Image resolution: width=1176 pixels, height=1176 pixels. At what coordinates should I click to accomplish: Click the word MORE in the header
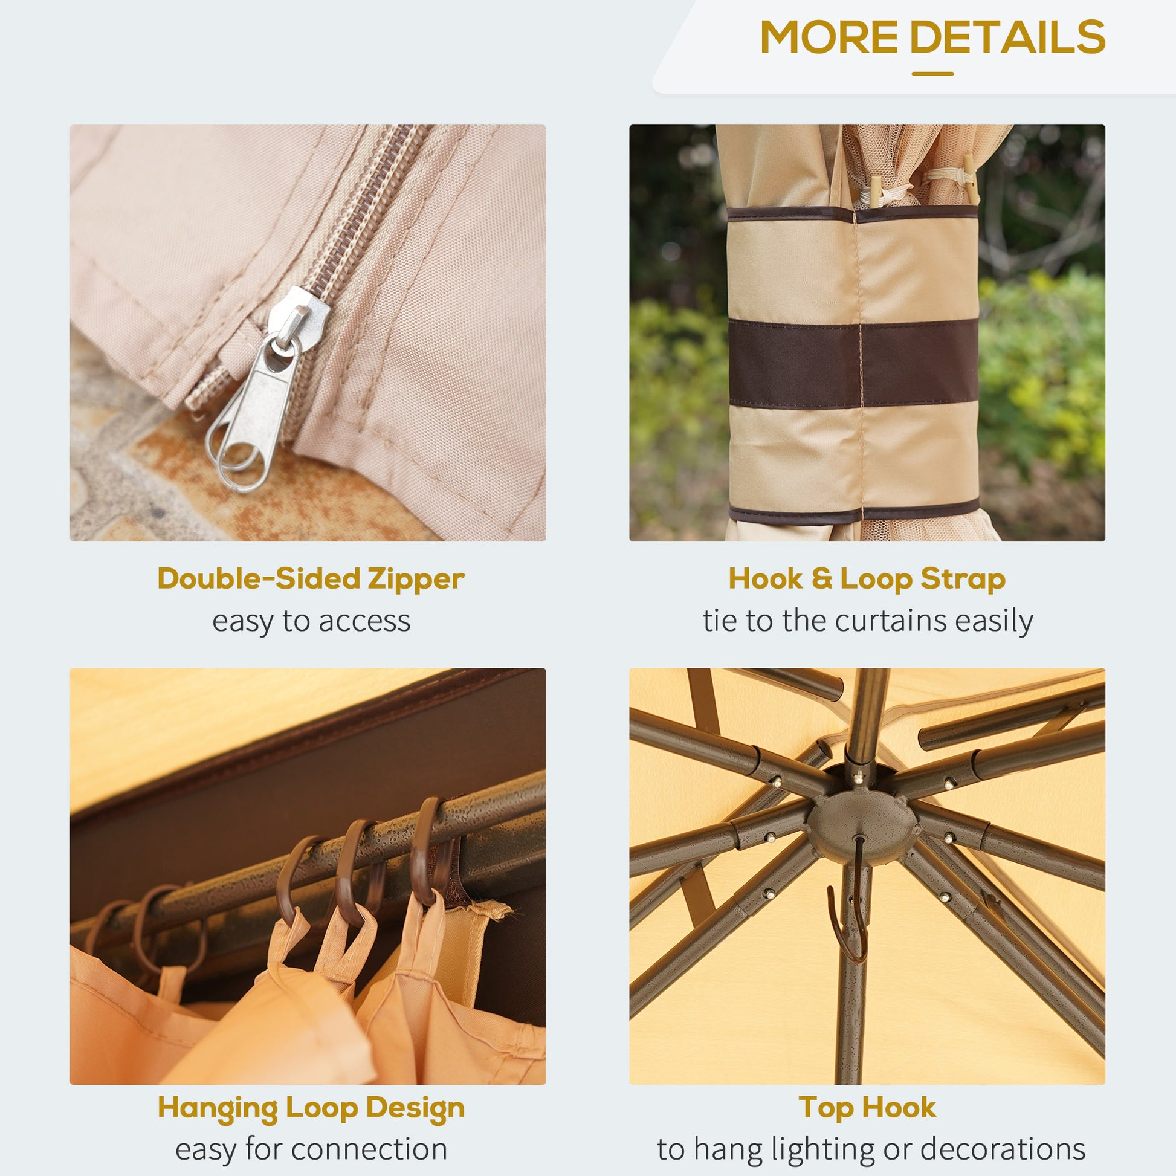coord(830,36)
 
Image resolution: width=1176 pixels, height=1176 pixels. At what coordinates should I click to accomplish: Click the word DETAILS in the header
coord(1007,36)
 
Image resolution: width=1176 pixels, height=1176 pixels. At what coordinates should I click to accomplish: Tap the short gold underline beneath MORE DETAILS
coord(932,74)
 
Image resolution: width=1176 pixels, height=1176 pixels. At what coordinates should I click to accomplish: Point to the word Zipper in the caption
coord(416,579)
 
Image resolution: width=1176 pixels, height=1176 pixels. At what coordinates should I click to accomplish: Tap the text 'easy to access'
coord(311,621)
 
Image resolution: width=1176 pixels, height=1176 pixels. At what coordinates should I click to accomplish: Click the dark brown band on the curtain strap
coord(853,363)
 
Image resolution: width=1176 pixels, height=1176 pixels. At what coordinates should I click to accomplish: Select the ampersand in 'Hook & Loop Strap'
coord(821,578)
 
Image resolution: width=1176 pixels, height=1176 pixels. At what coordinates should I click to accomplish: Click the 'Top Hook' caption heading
coord(867,1108)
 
